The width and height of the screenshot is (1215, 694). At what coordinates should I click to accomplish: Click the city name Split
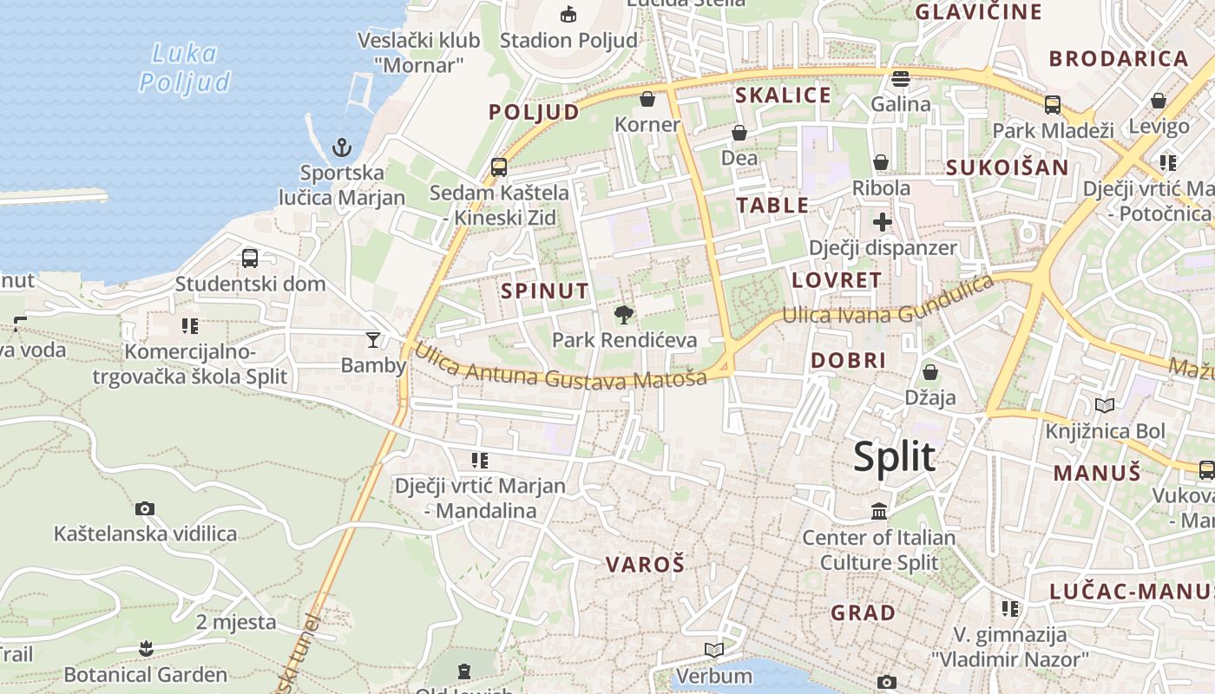[x=894, y=457]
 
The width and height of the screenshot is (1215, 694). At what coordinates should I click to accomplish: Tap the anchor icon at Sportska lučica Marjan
[x=342, y=147]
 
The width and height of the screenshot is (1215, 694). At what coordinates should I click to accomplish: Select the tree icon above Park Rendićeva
[x=623, y=314]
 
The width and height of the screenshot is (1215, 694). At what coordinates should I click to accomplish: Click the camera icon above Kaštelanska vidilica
[x=145, y=508]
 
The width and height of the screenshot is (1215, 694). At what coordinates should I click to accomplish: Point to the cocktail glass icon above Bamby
[x=373, y=339]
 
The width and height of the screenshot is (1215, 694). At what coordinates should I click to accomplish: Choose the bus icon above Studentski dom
[x=250, y=258]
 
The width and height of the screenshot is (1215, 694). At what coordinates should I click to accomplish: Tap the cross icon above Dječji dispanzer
[x=883, y=221]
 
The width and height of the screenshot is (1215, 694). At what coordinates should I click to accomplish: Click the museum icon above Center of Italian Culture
[x=878, y=511]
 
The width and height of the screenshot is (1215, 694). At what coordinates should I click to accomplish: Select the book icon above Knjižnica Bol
[x=1105, y=405]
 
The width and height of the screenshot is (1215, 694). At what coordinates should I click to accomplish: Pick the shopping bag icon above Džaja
[x=930, y=372]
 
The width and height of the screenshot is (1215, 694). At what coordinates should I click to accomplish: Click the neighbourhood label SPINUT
[x=545, y=291]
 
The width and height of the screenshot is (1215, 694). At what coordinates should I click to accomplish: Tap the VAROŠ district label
[x=645, y=565]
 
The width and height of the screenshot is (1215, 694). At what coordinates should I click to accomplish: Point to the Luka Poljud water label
[x=185, y=68]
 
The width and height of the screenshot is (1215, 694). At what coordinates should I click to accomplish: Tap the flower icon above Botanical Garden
[x=146, y=648]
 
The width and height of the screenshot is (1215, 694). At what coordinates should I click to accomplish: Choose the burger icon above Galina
[x=901, y=79]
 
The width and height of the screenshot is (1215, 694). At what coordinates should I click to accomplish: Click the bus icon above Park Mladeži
[x=1053, y=105]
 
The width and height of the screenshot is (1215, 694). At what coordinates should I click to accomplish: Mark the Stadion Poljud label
[x=568, y=40]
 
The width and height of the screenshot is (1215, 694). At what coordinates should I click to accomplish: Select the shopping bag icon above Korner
[x=647, y=99]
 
